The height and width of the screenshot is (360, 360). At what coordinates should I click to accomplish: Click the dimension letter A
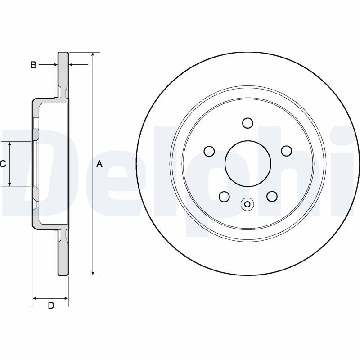pos(100,164)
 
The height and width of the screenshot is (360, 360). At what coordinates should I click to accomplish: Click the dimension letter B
pos(33,65)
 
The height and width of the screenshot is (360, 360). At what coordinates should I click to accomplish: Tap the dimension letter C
pos(3,164)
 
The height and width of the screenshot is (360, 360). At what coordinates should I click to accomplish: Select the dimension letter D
pos(51,306)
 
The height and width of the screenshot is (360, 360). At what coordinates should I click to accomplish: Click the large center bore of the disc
pos(247,163)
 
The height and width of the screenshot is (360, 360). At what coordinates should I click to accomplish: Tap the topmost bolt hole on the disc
pos(247,123)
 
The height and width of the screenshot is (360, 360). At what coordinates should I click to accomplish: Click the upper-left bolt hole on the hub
pos(209,151)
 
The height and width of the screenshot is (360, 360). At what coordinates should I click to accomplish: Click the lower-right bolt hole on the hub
pos(271,196)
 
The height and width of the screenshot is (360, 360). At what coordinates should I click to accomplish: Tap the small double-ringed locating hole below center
pos(247,204)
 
